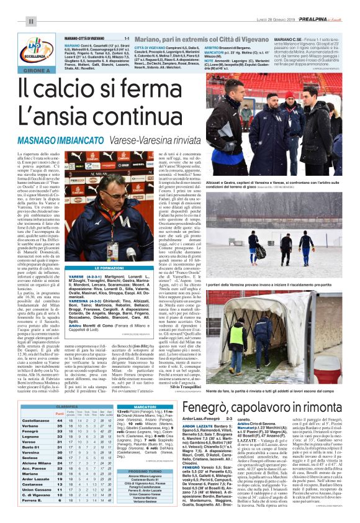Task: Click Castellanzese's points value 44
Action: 60,421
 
